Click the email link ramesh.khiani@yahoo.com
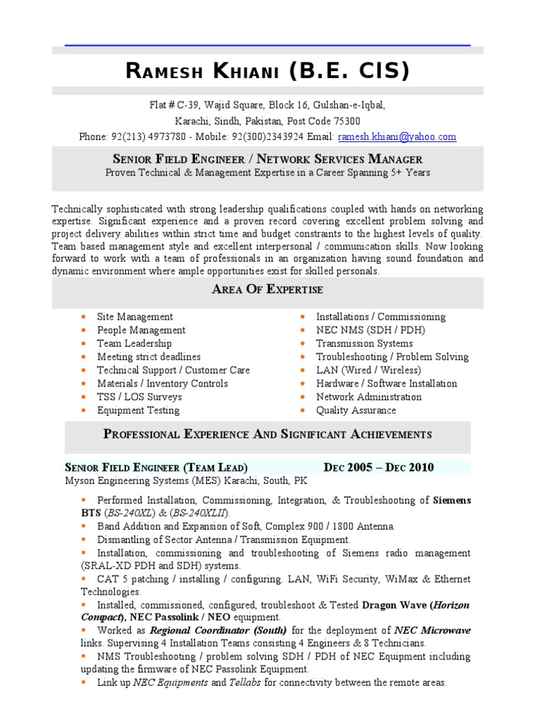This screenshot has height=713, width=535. tap(396, 137)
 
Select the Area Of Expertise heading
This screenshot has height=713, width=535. tap(267, 290)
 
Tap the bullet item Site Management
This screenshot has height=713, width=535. tap(134, 317)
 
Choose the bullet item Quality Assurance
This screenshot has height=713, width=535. tap(356, 410)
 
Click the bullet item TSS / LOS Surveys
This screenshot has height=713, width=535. tap(139, 397)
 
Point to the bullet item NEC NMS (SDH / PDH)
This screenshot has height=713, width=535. tap(360, 330)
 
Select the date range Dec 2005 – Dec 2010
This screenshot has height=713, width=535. tap(378, 467)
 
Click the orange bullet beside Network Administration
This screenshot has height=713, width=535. tap(303, 397)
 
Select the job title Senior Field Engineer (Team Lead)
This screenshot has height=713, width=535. tap(156, 467)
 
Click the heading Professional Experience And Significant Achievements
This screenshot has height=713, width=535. tap(267, 434)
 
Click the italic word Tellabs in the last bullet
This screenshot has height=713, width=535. tap(245, 683)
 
